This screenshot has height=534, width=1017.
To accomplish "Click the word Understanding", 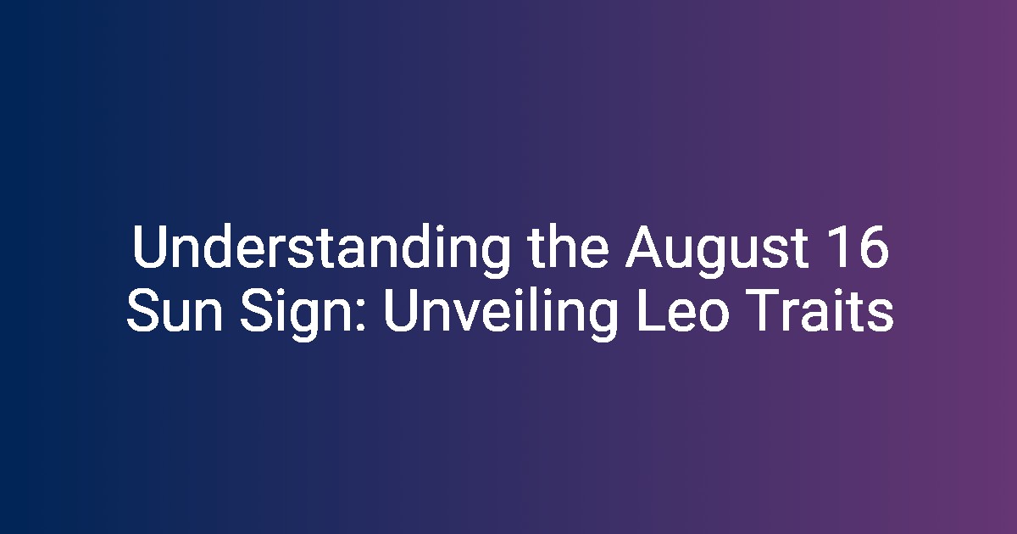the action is (x=320, y=251).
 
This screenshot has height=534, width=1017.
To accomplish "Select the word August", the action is (x=717, y=251).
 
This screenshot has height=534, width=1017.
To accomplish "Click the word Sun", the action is (x=175, y=310).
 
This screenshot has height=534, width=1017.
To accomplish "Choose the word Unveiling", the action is (x=500, y=314).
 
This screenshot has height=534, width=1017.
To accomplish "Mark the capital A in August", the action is (x=645, y=247).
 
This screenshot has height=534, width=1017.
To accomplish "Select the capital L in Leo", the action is (x=651, y=310).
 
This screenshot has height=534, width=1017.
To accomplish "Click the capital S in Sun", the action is (x=143, y=310).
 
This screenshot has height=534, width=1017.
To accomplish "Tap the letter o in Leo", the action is (x=714, y=315).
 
